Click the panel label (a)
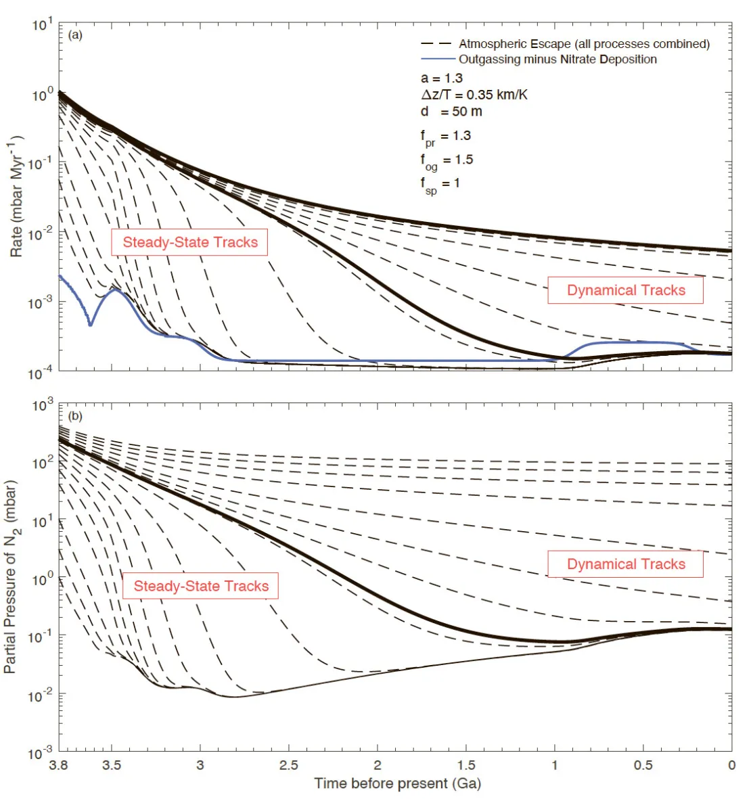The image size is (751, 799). click(75, 35)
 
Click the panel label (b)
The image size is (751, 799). click(75, 416)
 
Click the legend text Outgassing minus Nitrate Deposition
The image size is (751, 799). click(557, 60)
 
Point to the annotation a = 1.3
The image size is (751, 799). click(442, 78)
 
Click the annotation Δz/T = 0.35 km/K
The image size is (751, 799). click(474, 95)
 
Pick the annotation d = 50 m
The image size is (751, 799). click(451, 112)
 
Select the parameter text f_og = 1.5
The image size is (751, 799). click(447, 161)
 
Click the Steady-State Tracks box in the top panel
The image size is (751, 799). click(190, 243)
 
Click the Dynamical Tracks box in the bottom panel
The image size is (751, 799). click(626, 564)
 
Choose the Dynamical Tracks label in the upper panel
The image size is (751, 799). click(626, 290)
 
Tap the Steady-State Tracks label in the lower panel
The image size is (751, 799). click(201, 586)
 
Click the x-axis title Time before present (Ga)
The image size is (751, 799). click(397, 783)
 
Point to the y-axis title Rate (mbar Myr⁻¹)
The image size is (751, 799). click(16, 196)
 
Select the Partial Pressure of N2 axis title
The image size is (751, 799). click(11, 577)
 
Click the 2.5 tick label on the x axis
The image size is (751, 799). click(289, 765)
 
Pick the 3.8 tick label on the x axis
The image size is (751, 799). click(59, 765)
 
